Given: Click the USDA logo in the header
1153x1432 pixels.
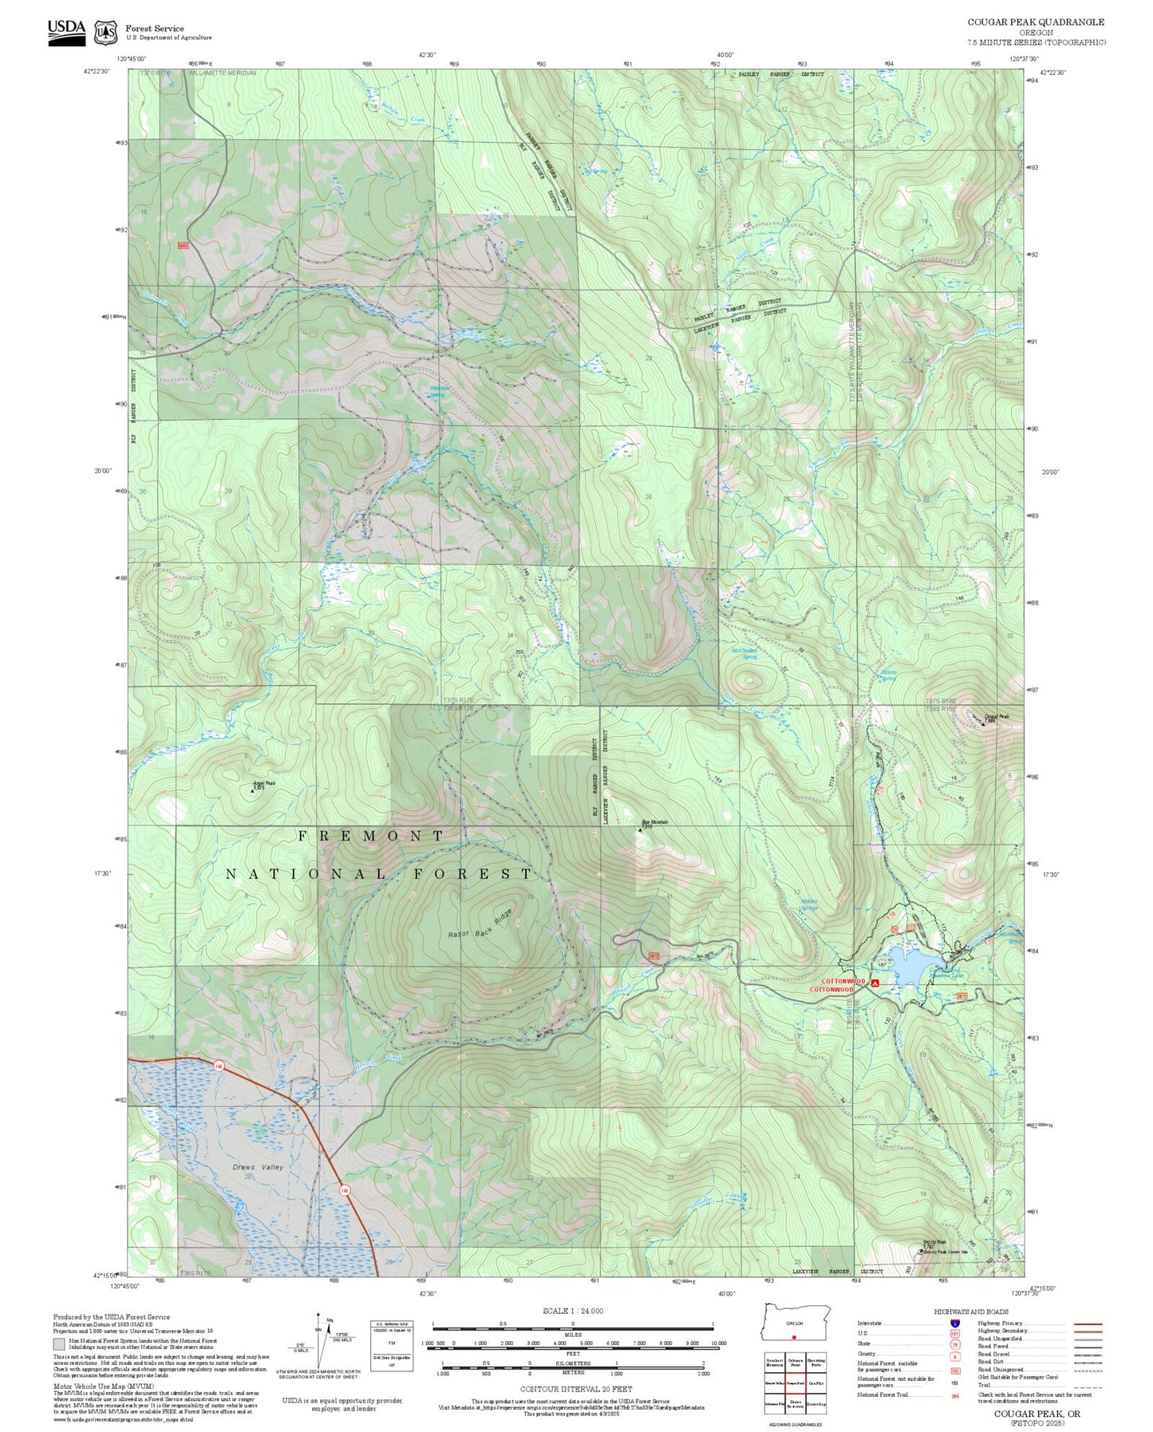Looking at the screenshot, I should pos(66,32).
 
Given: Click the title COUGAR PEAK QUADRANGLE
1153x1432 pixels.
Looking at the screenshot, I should pos(1036,22).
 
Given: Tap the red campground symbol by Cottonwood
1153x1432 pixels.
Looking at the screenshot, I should pos(875,983).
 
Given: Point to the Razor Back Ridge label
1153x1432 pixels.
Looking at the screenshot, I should pos(480,923).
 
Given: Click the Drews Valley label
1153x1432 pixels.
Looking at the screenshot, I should pos(258,1167).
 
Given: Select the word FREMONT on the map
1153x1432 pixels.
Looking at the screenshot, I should pos(371,836).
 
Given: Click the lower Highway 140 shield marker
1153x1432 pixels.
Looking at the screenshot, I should pos(345,1190).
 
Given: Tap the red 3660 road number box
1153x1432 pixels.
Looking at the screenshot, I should pos(184,246).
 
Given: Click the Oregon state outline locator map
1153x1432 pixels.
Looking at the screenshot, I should pos(796,1323).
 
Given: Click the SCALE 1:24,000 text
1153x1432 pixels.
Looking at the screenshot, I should pos(572,1311).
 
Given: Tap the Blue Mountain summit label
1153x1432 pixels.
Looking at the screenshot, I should pos(655,822).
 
